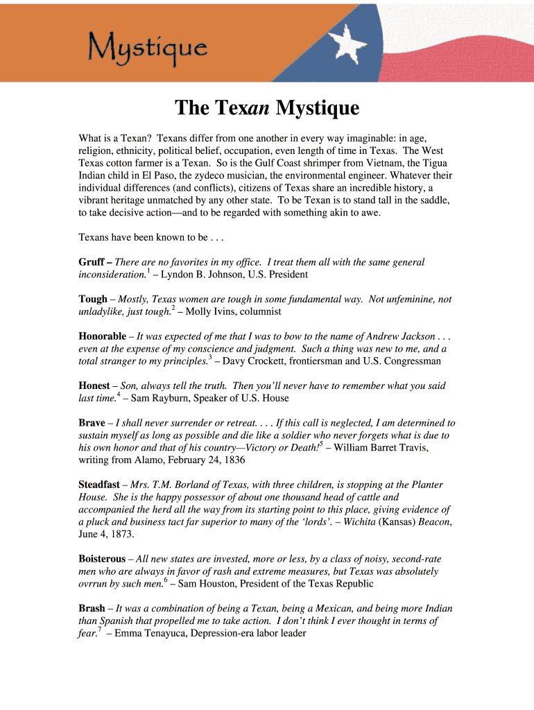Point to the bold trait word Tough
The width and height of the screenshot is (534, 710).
93,300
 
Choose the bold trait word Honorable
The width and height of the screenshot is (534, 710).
102,336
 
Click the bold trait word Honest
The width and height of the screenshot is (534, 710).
94,386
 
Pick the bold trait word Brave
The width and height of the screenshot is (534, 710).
92,422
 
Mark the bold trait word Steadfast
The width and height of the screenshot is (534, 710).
101,485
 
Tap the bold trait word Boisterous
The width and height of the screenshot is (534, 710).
102,559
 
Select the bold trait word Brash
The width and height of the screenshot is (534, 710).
92,608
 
